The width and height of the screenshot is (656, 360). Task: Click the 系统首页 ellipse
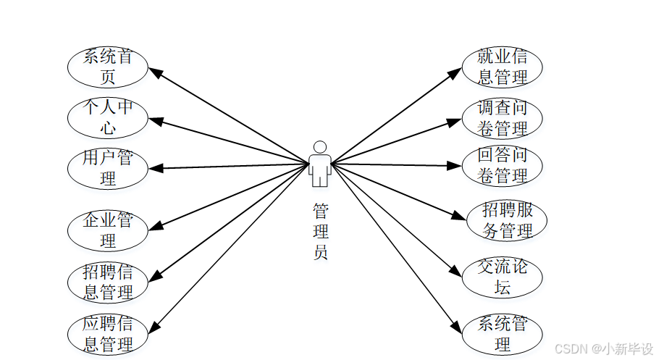(x=108, y=67)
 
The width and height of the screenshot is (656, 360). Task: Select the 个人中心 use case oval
(x=108, y=117)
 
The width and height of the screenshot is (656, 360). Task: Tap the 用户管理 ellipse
(x=108, y=167)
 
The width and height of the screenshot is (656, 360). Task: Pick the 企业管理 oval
(x=108, y=230)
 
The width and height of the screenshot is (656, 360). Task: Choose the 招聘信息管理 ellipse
(x=108, y=282)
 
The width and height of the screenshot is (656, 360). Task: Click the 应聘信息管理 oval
(x=108, y=333)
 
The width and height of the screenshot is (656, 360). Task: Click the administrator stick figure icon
(x=319, y=164)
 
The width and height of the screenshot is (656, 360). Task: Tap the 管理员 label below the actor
(x=320, y=232)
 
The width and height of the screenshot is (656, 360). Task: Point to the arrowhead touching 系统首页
(x=155, y=71)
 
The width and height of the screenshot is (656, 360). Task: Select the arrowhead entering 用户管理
(x=155, y=167)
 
